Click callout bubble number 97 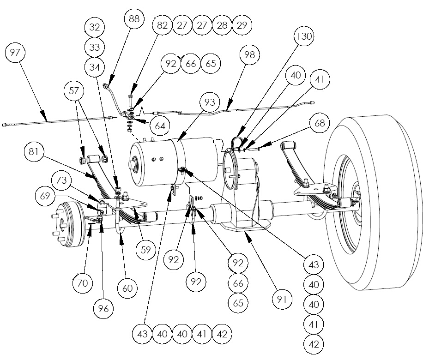pos(15,53)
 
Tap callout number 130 pos(305,36)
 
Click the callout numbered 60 pos(127,288)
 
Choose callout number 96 pos(103,309)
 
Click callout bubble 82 pos(162,25)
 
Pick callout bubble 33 pos(95,48)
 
